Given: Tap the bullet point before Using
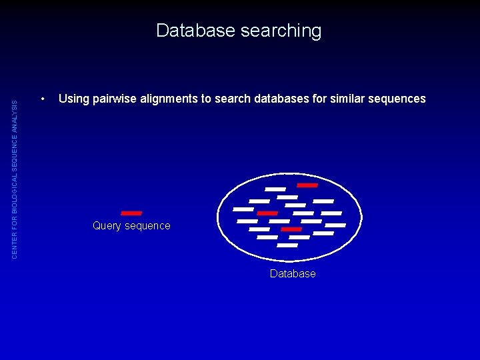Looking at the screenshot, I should (43, 99).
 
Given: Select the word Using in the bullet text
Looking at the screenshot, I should (74, 99).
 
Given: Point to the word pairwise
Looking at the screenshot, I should (113, 99).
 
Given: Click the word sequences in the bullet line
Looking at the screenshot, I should (401, 99).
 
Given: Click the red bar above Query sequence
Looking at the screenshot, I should (131, 213).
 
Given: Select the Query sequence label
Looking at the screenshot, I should (131, 226).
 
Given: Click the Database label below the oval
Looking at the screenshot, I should (293, 273).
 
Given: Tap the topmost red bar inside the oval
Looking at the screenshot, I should (307, 185).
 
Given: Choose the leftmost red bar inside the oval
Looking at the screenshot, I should (267, 213).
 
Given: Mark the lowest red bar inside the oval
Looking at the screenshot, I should (291, 229).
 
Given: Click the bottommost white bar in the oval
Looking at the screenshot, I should (287, 245).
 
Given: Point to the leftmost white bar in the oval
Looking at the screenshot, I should (243, 209).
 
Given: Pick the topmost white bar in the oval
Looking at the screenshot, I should (275, 189).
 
